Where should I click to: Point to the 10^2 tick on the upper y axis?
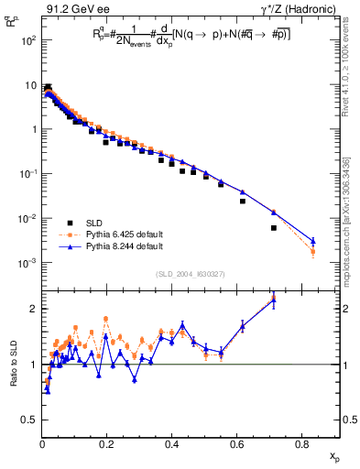pyautogui.click(x=28, y=40)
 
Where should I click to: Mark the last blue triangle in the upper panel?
pyautogui.click(x=312, y=241)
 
